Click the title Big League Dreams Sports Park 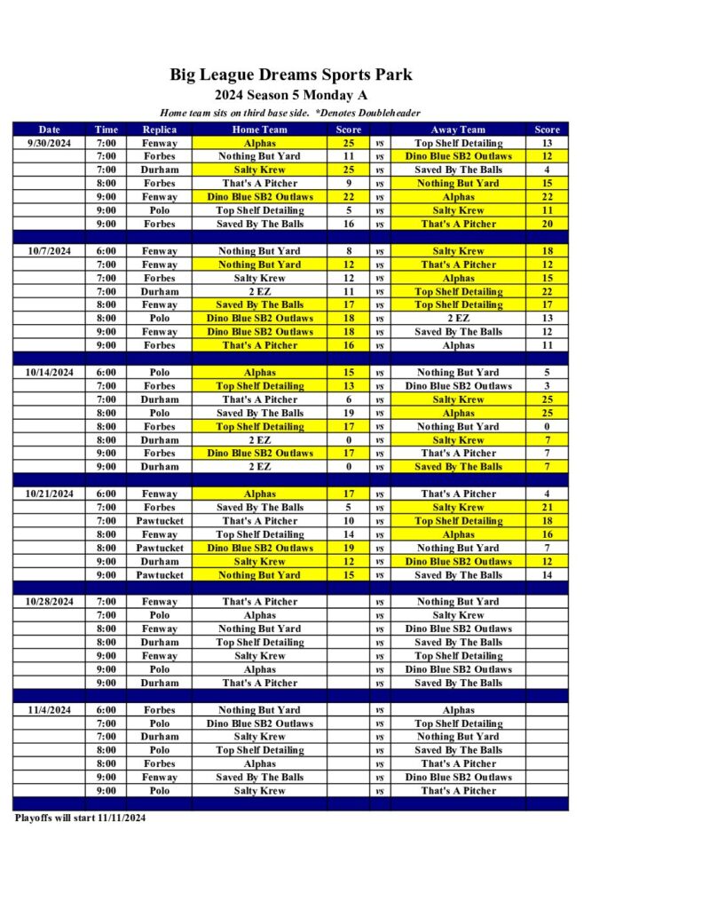(x=291, y=75)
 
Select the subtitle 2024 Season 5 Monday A (x=291, y=95)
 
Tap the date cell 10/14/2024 (x=51, y=373)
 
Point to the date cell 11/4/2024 (x=51, y=710)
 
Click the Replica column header (x=160, y=130)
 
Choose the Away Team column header (x=458, y=130)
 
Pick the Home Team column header (x=259, y=130)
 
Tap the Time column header (x=106, y=130)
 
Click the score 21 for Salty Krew (x=547, y=508)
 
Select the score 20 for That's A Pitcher (x=547, y=224)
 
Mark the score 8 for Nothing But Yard (x=348, y=251)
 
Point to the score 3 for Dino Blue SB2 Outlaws (x=547, y=386)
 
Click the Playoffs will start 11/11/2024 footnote (x=80, y=818)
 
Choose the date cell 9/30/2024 (x=51, y=143)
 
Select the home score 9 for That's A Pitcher (x=348, y=184)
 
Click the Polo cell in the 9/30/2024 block (x=160, y=210)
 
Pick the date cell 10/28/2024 (x=51, y=602)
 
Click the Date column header (x=51, y=130)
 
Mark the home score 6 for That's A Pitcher (x=348, y=399)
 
